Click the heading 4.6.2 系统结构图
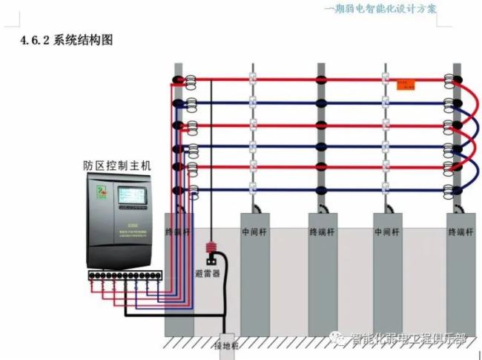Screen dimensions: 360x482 (x=66, y=40)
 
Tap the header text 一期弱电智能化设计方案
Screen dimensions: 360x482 (x=380, y=9)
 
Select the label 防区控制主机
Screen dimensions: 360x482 (x=116, y=166)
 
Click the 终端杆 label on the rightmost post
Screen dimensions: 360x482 (x=460, y=232)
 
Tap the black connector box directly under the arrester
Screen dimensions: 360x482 (x=211, y=260)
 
